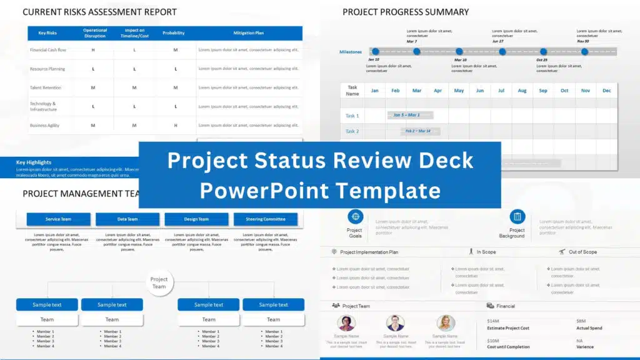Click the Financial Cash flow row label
(x=48, y=50)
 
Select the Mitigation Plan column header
(x=248, y=32)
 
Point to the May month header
(x=459, y=91)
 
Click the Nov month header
(x=585, y=91)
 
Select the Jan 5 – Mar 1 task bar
(x=406, y=115)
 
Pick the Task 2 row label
(x=352, y=131)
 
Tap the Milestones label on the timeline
(x=351, y=52)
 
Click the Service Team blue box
(x=58, y=219)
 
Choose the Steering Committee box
(x=266, y=219)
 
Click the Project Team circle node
(x=159, y=283)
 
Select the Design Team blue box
(x=196, y=219)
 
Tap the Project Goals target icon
(x=355, y=217)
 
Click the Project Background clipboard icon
(x=517, y=217)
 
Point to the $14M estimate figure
(x=493, y=321)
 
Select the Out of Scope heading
(x=582, y=252)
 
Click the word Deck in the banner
(x=445, y=161)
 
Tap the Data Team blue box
(x=127, y=219)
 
